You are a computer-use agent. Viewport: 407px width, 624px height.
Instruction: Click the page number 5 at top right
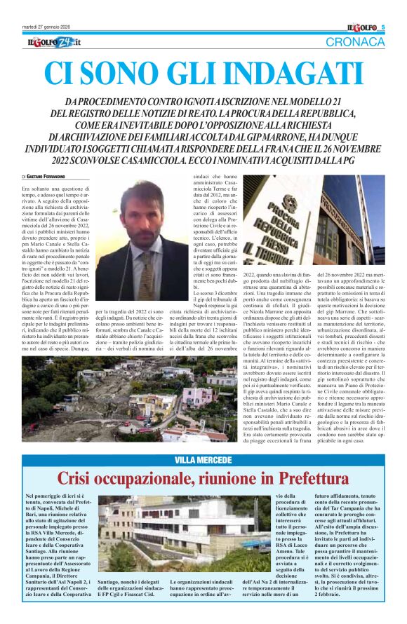(x=383, y=27)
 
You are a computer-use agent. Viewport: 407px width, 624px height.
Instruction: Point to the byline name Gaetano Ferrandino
(x=51, y=176)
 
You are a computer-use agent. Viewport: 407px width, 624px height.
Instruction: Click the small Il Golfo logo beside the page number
(x=362, y=27)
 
